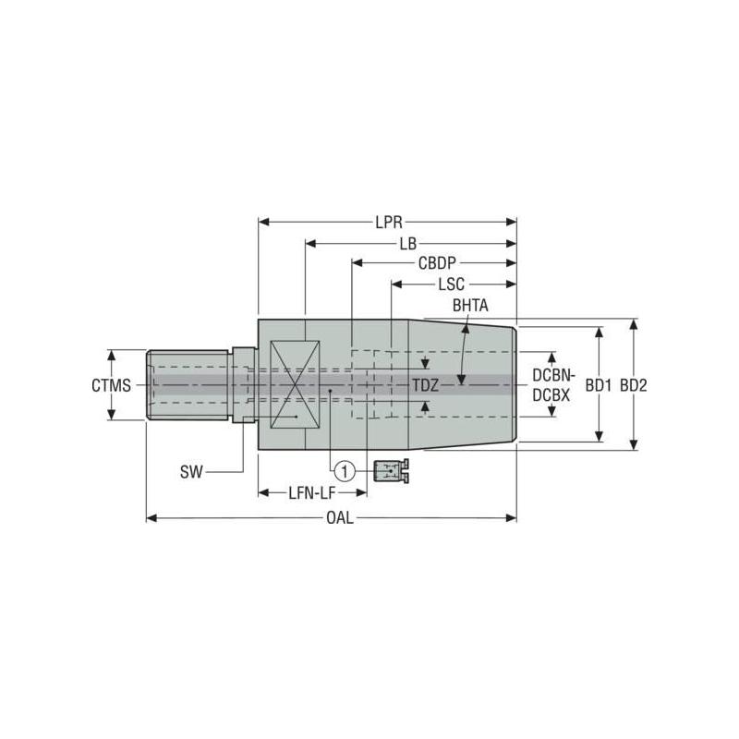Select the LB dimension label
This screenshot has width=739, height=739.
[x=407, y=243]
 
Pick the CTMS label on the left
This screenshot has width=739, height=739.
[x=111, y=385]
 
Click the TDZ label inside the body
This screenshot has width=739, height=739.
[x=425, y=385]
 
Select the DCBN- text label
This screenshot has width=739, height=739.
[x=554, y=376]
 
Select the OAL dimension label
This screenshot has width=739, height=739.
[x=339, y=518]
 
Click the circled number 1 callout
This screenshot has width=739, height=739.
[x=344, y=472]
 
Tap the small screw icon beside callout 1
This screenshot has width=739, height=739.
[x=391, y=472]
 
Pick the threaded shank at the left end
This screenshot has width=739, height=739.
[x=188, y=385]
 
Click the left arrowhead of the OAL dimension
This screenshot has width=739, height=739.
[x=152, y=518]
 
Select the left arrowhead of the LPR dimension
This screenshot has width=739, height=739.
[x=263, y=223]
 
